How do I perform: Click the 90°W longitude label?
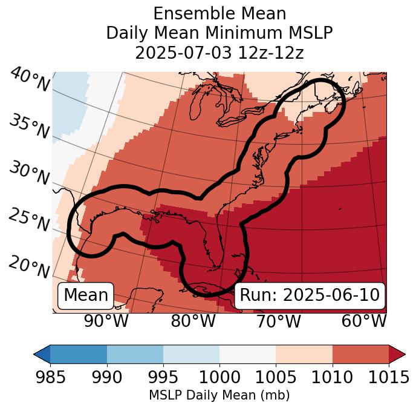tap(106, 321)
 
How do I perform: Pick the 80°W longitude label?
tap(193, 321)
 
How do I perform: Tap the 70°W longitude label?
tap(278, 321)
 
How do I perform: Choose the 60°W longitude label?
tap(364, 321)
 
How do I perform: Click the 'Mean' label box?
tap(86, 295)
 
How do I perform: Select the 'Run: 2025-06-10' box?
tap(310, 295)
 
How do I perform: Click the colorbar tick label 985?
tap(50, 377)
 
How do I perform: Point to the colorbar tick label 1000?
tap(219, 377)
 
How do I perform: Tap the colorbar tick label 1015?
tap(389, 377)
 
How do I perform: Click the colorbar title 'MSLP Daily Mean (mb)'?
tap(219, 395)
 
